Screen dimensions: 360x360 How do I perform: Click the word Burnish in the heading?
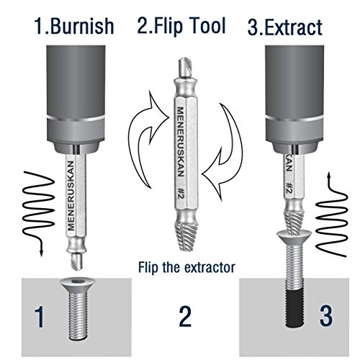tap(82, 26)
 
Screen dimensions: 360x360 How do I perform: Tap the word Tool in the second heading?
tap(206, 25)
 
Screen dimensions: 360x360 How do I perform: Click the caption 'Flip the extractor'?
tap(186, 267)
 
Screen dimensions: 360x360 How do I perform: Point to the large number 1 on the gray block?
tap(40, 317)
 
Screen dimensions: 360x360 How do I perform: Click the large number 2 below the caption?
tap(185, 315)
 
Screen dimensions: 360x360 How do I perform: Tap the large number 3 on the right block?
tap(326, 315)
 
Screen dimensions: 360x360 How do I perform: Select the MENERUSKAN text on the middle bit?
tap(181, 142)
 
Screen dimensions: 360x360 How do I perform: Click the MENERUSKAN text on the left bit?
tap(71, 196)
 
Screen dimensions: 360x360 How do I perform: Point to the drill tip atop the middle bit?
tap(185, 68)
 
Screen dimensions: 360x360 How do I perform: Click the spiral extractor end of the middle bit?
tap(186, 237)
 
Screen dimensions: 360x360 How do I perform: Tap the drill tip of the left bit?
tap(77, 260)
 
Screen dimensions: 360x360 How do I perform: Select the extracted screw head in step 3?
tap(294, 237)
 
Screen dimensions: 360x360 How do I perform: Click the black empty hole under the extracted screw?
tap(295, 308)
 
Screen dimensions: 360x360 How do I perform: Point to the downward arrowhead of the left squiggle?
tap(41, 253)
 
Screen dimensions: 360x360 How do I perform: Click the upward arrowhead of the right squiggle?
tap(330, 176)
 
